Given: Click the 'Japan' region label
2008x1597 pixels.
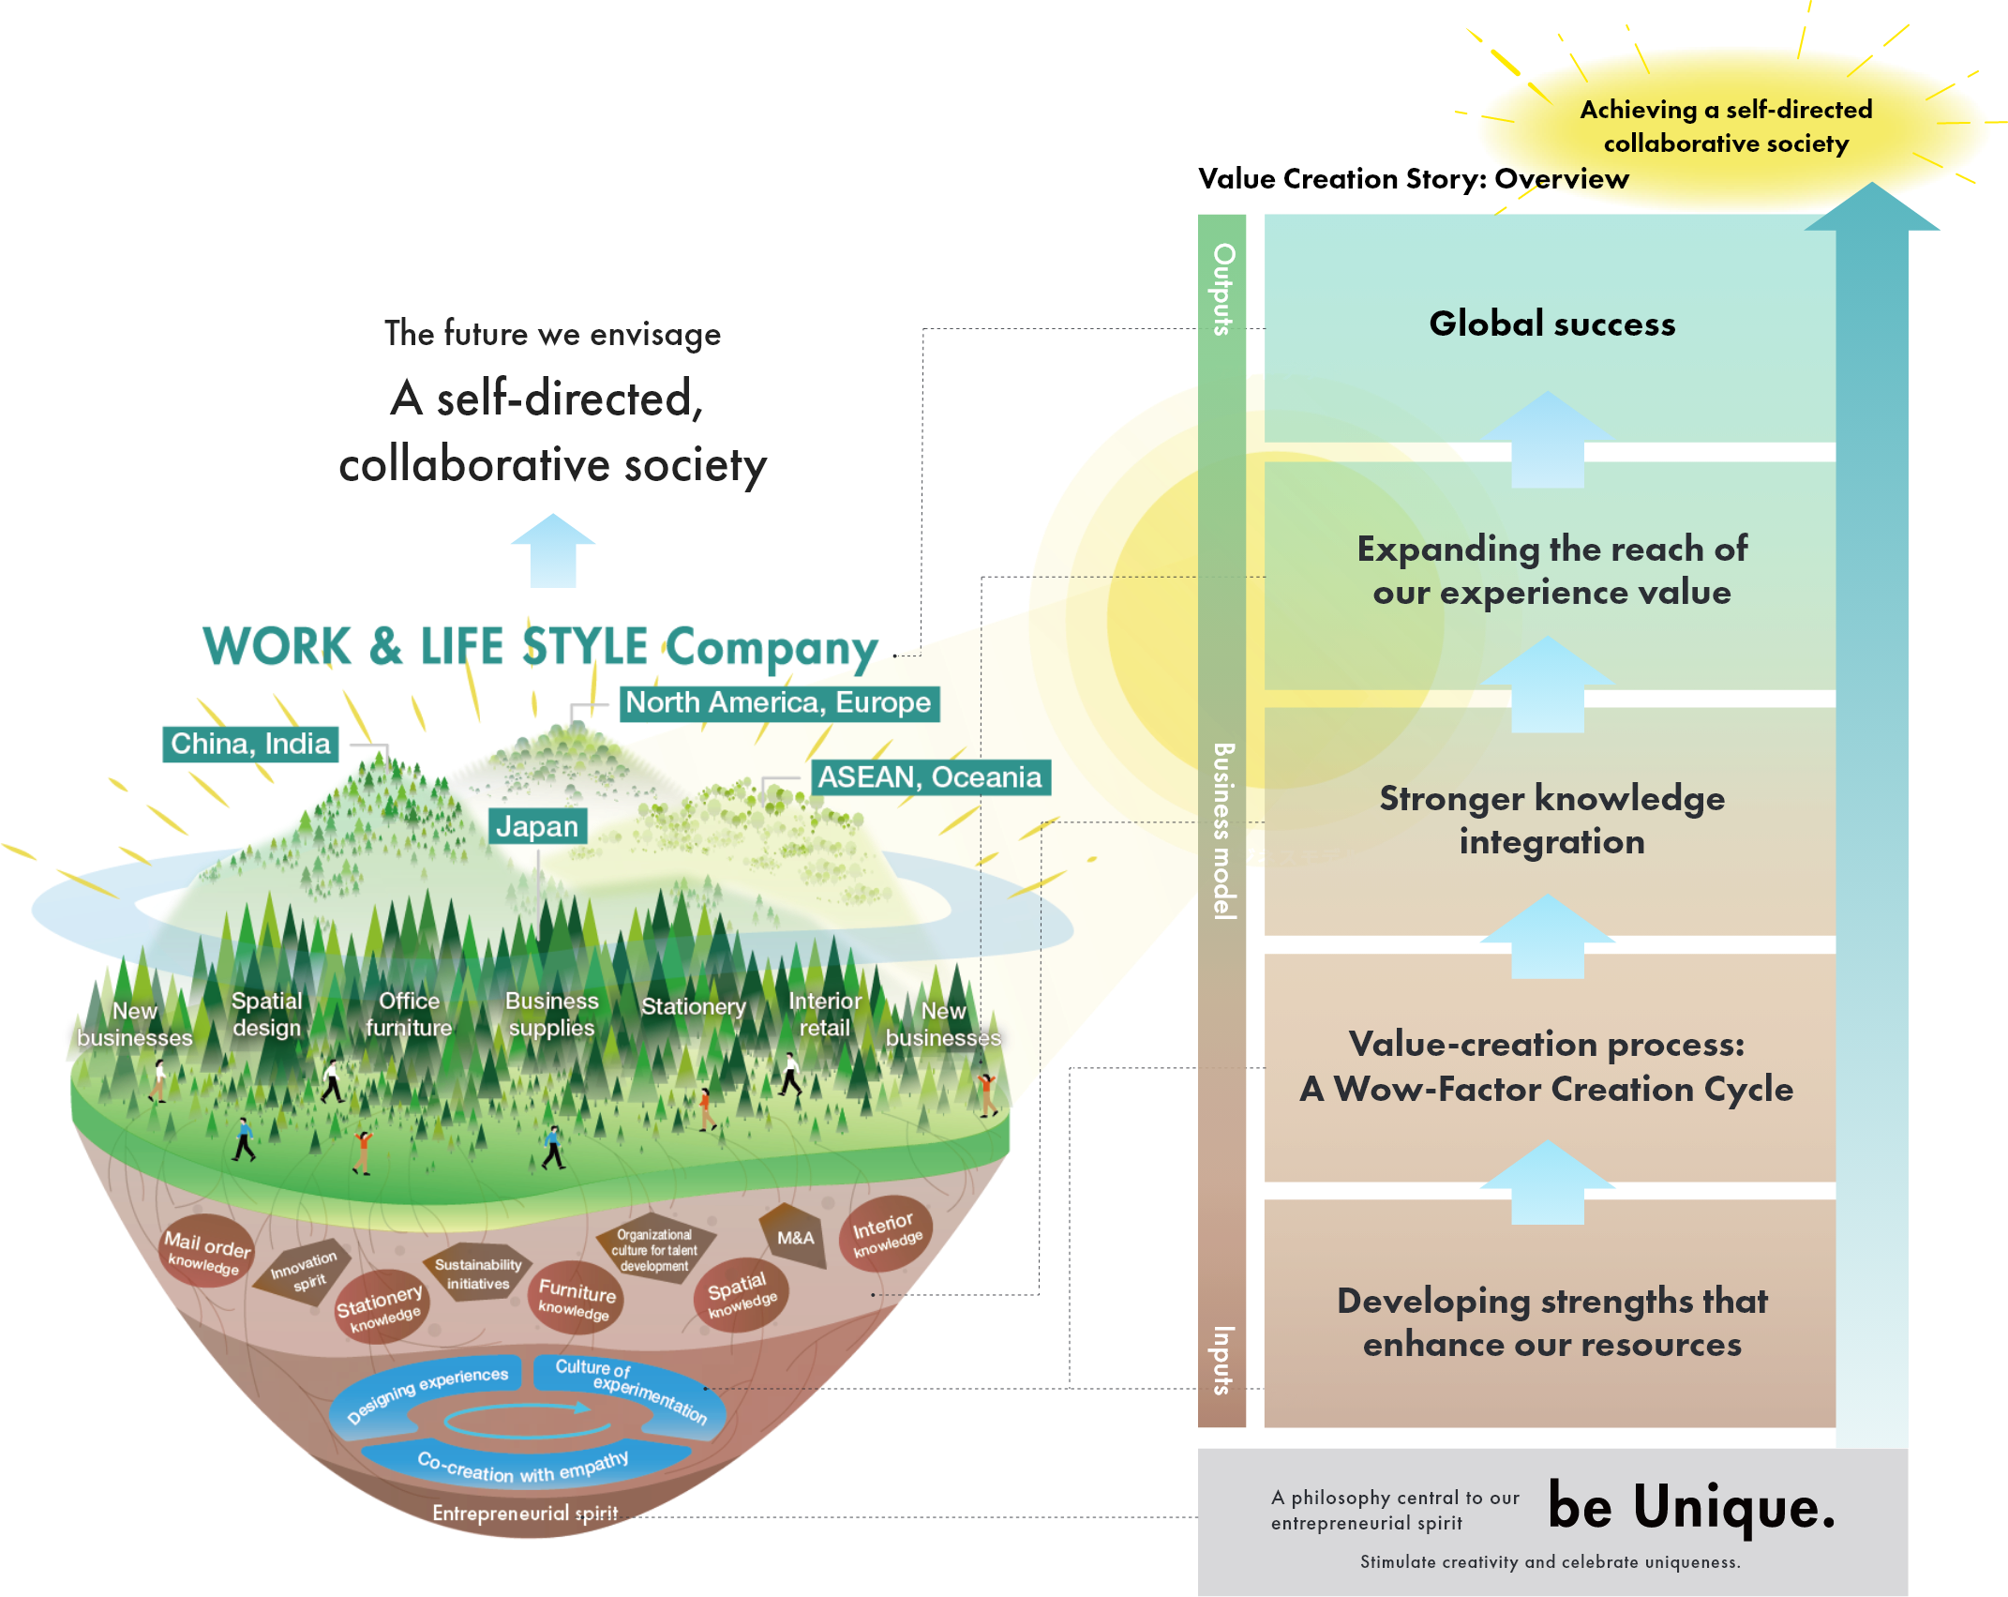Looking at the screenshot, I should [x=537, y=826].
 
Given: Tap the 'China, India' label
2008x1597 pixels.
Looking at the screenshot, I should [x=250, y=744].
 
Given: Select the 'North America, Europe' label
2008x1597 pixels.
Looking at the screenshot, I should [x=778, y=702].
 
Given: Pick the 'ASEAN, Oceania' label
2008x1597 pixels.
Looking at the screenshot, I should [x=929, y=777].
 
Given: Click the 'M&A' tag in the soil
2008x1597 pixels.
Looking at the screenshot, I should [x=795, y=1238].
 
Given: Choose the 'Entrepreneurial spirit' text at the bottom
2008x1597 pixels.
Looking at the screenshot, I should [x=525, y=1513].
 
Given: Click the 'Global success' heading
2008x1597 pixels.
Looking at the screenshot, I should [x=1551, y=324].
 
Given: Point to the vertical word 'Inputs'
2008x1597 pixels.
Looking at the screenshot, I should [x=1223, y=1360].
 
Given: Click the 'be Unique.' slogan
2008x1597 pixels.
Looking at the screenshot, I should [x=1690, y=1507].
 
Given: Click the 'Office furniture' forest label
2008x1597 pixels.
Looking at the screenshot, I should [x=409, y=1015].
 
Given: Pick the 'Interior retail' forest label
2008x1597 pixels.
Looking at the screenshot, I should [x=824, y=1015].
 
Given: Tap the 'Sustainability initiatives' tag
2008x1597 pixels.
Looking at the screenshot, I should [x=477, y=1273].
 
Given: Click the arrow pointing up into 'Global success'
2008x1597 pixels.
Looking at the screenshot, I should [x=1548, y=439].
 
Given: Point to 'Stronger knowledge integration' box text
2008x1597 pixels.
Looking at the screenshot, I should [x=1551, y=820].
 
